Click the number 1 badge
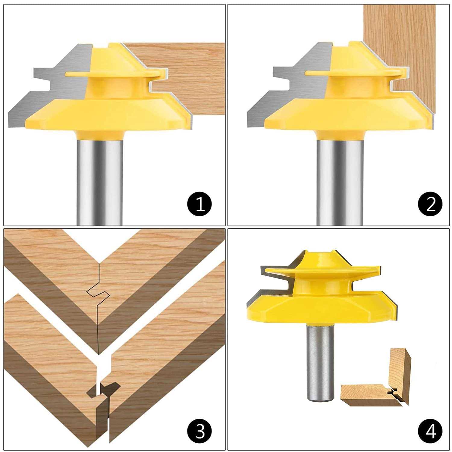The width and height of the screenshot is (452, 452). tap(200, 204)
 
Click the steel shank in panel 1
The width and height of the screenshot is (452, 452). tap(99, 181)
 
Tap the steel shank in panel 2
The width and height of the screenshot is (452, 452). tap(340, 181)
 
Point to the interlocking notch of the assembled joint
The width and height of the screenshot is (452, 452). tap(97, 292)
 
